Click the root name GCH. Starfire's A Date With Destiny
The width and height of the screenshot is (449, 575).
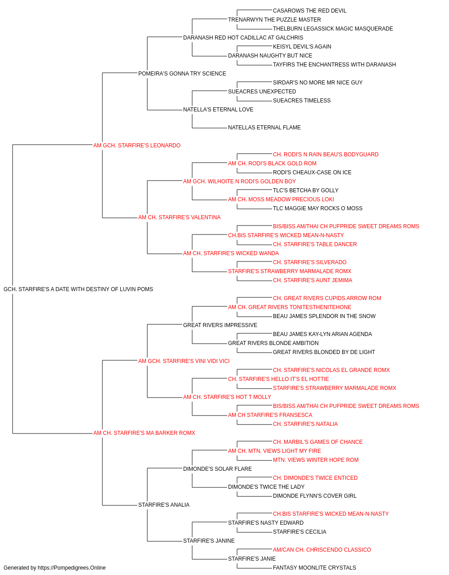[78, 289]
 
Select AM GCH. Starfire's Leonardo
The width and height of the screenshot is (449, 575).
[136, 146]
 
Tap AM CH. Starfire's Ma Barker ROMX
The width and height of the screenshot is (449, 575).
[144, 433]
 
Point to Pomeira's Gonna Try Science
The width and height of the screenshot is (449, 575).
[182, 74]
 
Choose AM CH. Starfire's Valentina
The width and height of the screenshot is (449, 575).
[179, 217]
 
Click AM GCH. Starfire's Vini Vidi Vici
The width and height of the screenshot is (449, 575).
[184, 361]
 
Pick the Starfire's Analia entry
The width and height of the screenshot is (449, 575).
[164, 504]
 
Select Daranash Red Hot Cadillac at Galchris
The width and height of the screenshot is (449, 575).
[243, 38]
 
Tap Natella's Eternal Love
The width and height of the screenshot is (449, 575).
[218, 110]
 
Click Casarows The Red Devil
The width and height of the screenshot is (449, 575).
[310, 11]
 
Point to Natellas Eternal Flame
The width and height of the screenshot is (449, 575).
[264, 128]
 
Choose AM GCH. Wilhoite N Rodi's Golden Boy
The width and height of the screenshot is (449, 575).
[239, 181]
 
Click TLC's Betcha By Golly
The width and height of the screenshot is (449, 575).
[306, 190]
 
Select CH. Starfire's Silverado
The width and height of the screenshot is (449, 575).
[310, 262]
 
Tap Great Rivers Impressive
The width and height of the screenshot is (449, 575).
[220, 325]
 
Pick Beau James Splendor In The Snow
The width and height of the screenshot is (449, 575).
[324, 316]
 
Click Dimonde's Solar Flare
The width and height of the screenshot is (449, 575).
[217, 469]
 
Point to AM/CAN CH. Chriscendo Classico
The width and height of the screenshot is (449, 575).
[322, 549]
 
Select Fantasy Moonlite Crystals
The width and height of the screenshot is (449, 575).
[314, 568]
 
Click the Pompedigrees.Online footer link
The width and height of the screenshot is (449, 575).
[72, 568]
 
